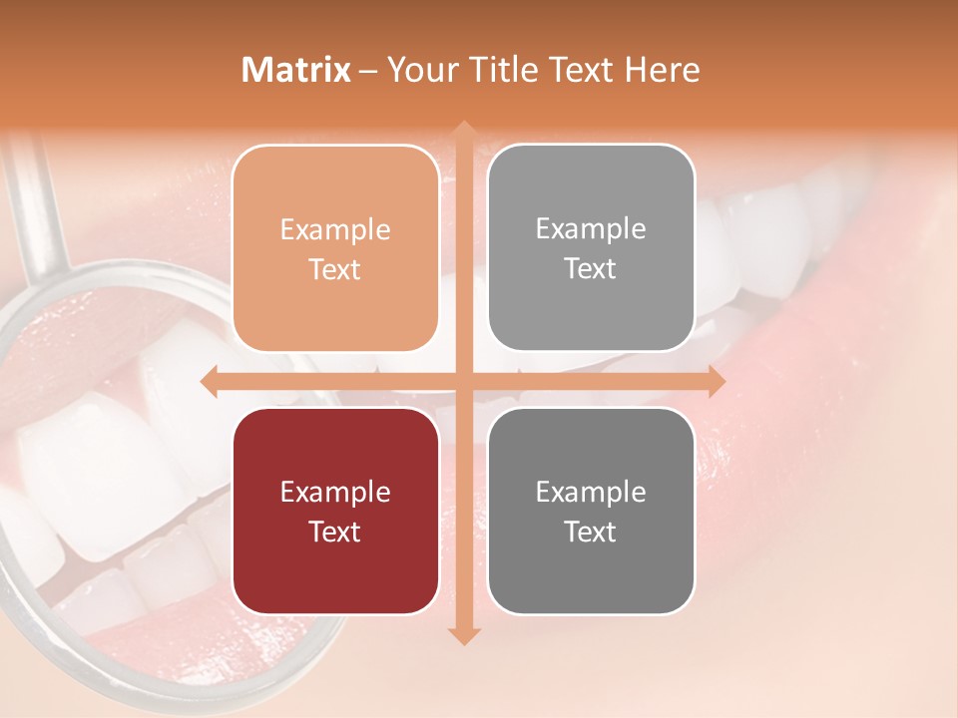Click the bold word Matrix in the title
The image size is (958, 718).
point(295,70)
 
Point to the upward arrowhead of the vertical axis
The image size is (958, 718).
point(463,130)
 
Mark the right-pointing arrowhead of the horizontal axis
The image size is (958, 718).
point(716,381)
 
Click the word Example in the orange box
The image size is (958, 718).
point(335,230)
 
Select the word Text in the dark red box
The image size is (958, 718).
point(335,532)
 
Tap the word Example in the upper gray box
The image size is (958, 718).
point(591,229)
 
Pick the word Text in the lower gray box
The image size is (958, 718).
point(591,532)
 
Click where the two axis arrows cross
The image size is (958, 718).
point(463,381)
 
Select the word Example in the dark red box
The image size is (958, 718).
point(335,493)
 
